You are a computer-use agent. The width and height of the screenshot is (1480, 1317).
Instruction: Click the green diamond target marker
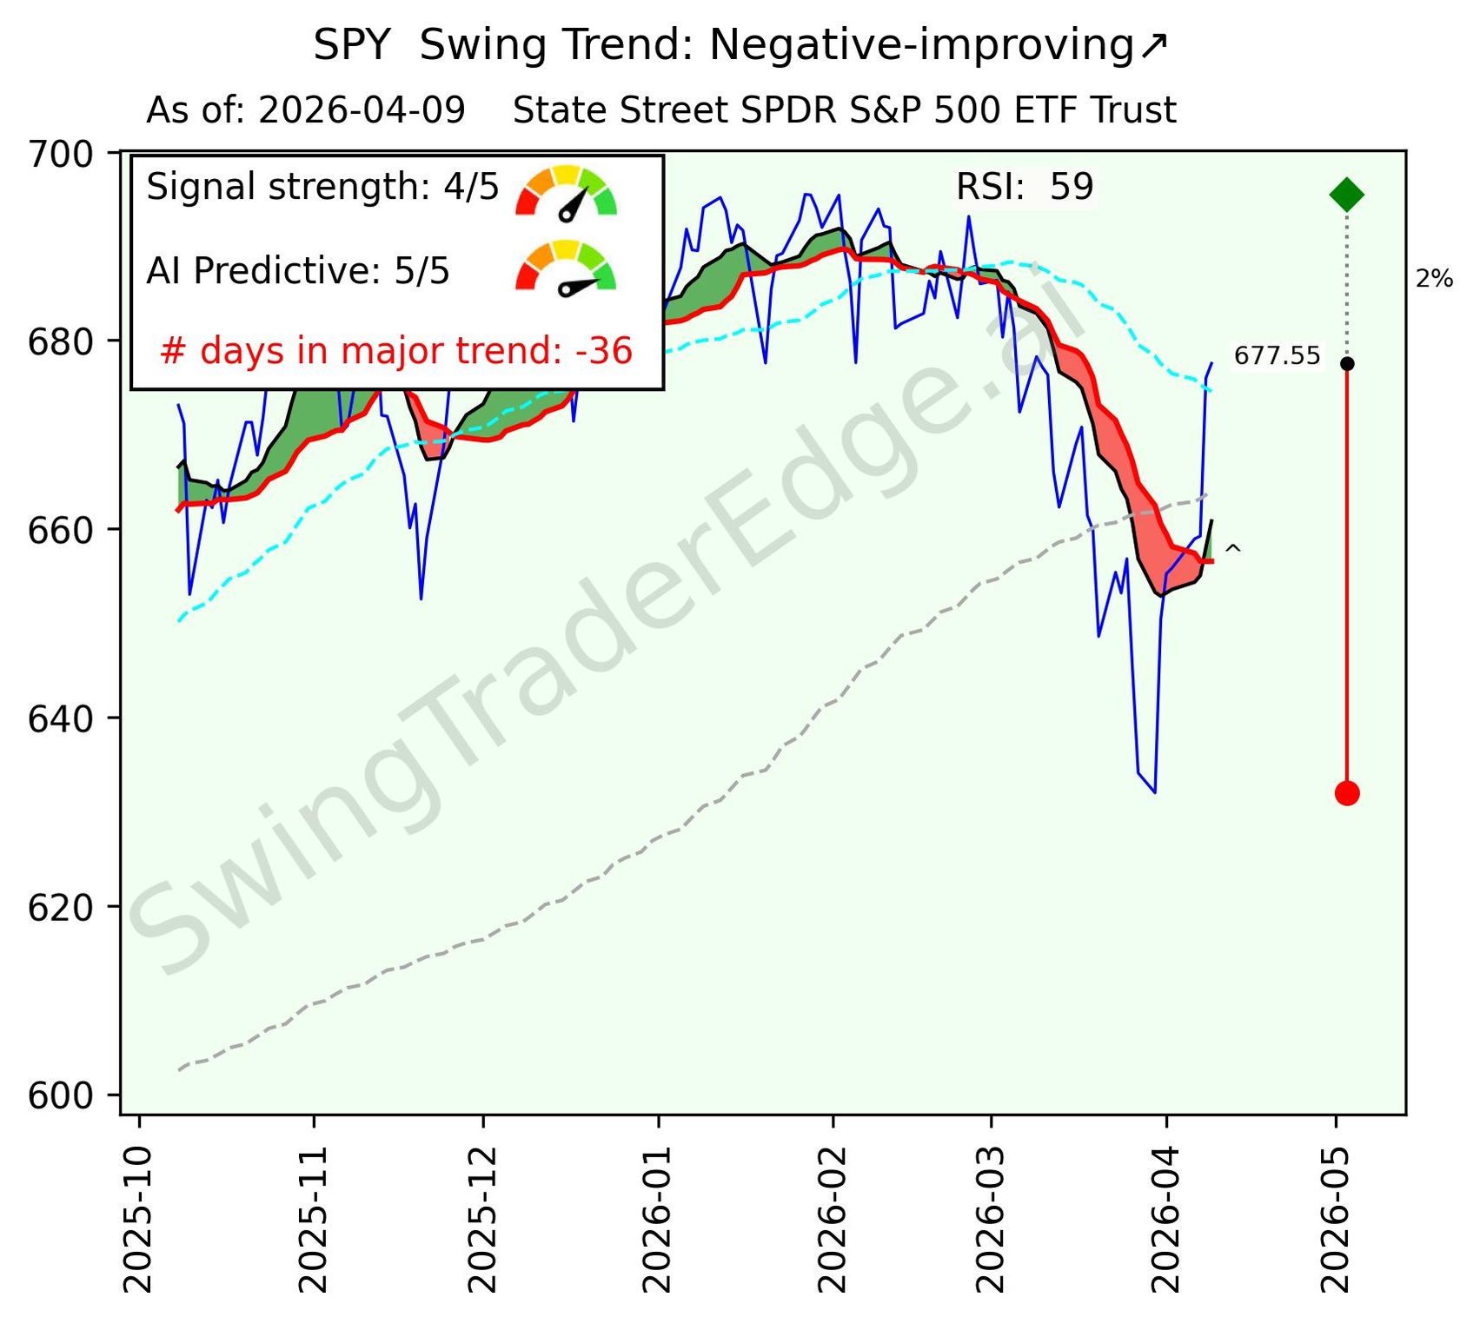point(1346,195)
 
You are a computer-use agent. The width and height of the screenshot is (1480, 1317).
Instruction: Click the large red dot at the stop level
point(1346,792)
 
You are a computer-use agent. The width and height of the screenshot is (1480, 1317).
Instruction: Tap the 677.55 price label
point(1277,355)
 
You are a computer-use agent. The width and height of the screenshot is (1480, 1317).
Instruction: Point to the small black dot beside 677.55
point(1346,363)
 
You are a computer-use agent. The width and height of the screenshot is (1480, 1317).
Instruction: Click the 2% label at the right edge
point(1434,279)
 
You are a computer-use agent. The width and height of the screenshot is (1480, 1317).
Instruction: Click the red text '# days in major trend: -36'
point(396,351)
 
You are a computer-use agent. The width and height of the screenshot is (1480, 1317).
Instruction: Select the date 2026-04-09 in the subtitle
point(362,111)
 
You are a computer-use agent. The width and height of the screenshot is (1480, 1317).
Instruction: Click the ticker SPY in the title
point(351,45)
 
